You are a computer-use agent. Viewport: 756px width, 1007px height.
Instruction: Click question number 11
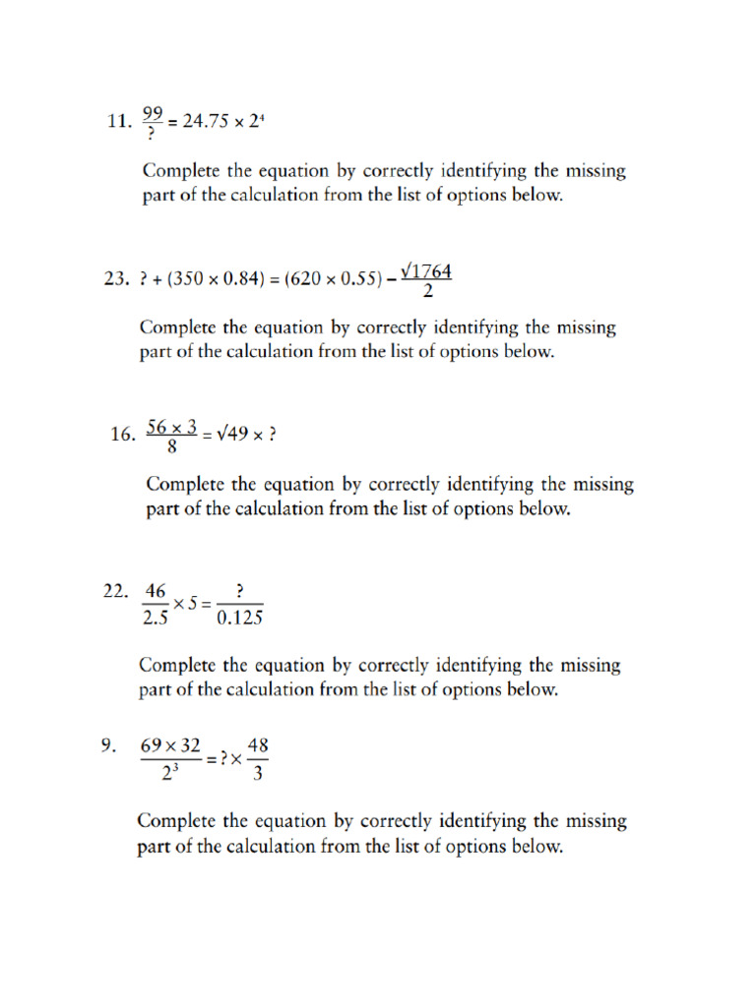click(118, 122)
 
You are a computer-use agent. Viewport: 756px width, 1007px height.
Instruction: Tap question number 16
click(123, 435)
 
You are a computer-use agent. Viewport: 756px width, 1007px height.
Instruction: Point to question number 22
click(116, 592)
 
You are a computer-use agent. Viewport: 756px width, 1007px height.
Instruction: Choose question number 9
click(109, 746)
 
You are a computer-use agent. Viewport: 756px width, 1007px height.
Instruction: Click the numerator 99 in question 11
click(153, 112)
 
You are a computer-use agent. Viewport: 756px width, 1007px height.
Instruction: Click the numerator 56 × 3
click(172, 426)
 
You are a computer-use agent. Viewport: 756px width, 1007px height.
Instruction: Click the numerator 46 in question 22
click(156, 592)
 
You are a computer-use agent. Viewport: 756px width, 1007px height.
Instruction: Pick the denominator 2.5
click(156, 620)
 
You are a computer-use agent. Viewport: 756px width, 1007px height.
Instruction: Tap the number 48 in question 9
click(258, 745)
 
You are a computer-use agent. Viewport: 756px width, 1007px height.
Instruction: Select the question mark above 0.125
click(239, 592)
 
